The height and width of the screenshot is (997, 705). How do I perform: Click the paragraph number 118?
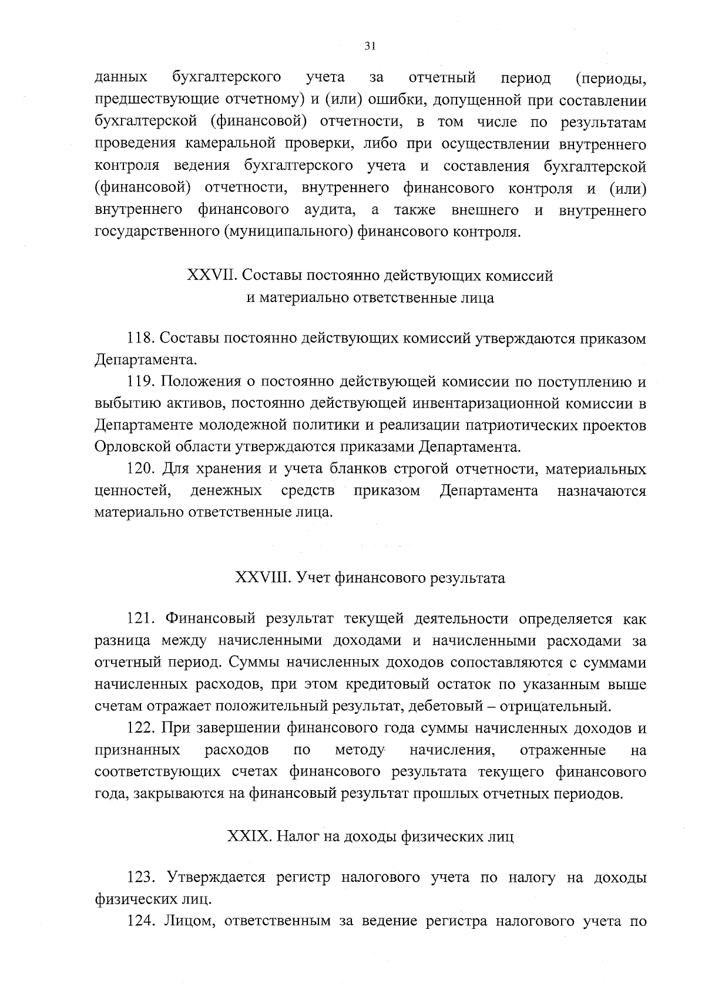(141, 339)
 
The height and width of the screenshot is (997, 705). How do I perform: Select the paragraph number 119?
(141, 382)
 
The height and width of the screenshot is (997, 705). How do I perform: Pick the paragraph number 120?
(141, 469)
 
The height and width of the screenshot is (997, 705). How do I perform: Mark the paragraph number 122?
(141, 729)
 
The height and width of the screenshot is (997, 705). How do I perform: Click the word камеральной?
(233, 145)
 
